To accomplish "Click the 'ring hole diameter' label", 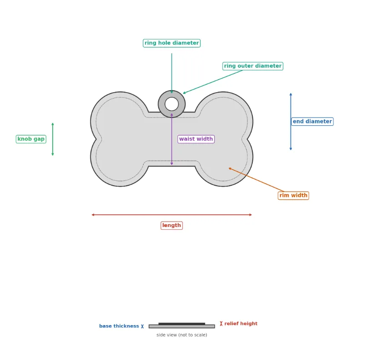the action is pyautogui.click(x=171, y=43).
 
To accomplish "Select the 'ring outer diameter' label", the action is pyautogui.click(x=253, y=66).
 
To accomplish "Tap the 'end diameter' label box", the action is pyautogui.click(x=312, y=121).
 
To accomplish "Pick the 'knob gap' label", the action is pyautogui.click(x=31, y=139).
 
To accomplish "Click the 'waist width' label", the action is pyautogui.click(x=196, y=139).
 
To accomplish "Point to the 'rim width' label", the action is pyautogui.click(x=293, y=195).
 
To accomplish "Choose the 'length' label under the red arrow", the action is pyautogui.click(x=171, y=226).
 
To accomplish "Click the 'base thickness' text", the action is pyautogui.click(x=119, y=326).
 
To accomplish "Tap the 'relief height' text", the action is pyautogui.click(x=241, y=324).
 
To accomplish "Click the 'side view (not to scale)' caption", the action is pyautogui.click(x=182, y=335).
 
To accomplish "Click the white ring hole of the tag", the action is pyautogui.click(x=171, y=104).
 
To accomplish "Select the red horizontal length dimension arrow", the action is pyautogui.click(x=172, y=215).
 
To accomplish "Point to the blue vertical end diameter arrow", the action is pyautogui.click(x=291, y=122).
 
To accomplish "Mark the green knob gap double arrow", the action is pyautogui.click(x=53, y=139).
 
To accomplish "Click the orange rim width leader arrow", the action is pyautogui.click(x=256, y=180).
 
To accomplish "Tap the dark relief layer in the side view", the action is pyautogui.click(x=182, y=324).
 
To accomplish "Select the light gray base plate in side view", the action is pyautogui.click(x=182, y=326).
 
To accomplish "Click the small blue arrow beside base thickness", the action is pyautogui.click(x=142, y=326).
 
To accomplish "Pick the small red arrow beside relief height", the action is pyautogui.click(x=221, y=324).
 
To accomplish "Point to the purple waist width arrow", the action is pyautogui.click(x=172, y=139).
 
